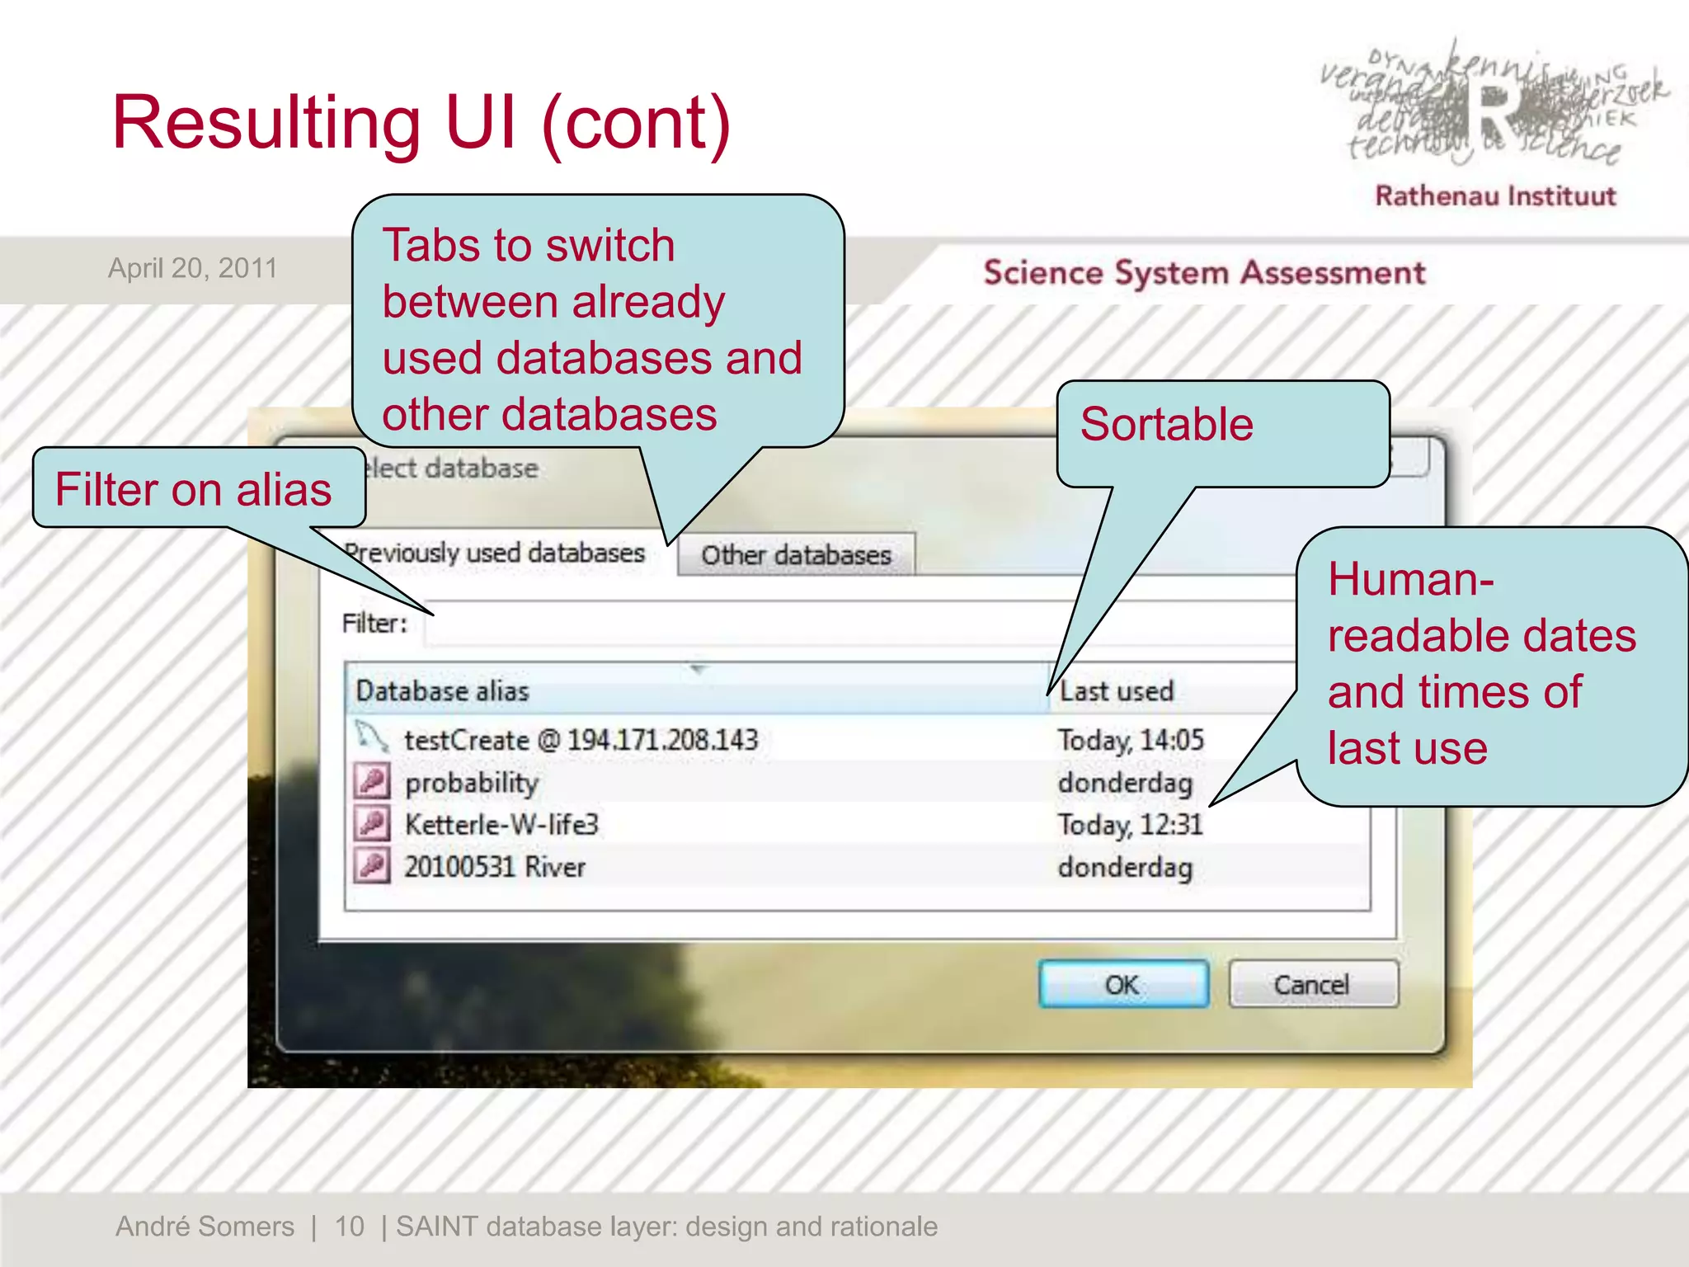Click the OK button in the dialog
1123,984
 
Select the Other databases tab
796,555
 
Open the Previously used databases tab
495,553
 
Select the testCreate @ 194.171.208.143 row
581,740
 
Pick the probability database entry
472,783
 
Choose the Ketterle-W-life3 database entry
501,825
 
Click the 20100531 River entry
495,867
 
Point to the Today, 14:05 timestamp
1131,740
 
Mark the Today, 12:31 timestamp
1131,825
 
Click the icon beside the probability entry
372,781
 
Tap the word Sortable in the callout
1166,425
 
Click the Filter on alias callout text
194,490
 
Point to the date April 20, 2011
192,268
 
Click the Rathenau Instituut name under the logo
1494,196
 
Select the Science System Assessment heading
1204,273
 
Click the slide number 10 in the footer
349,1227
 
